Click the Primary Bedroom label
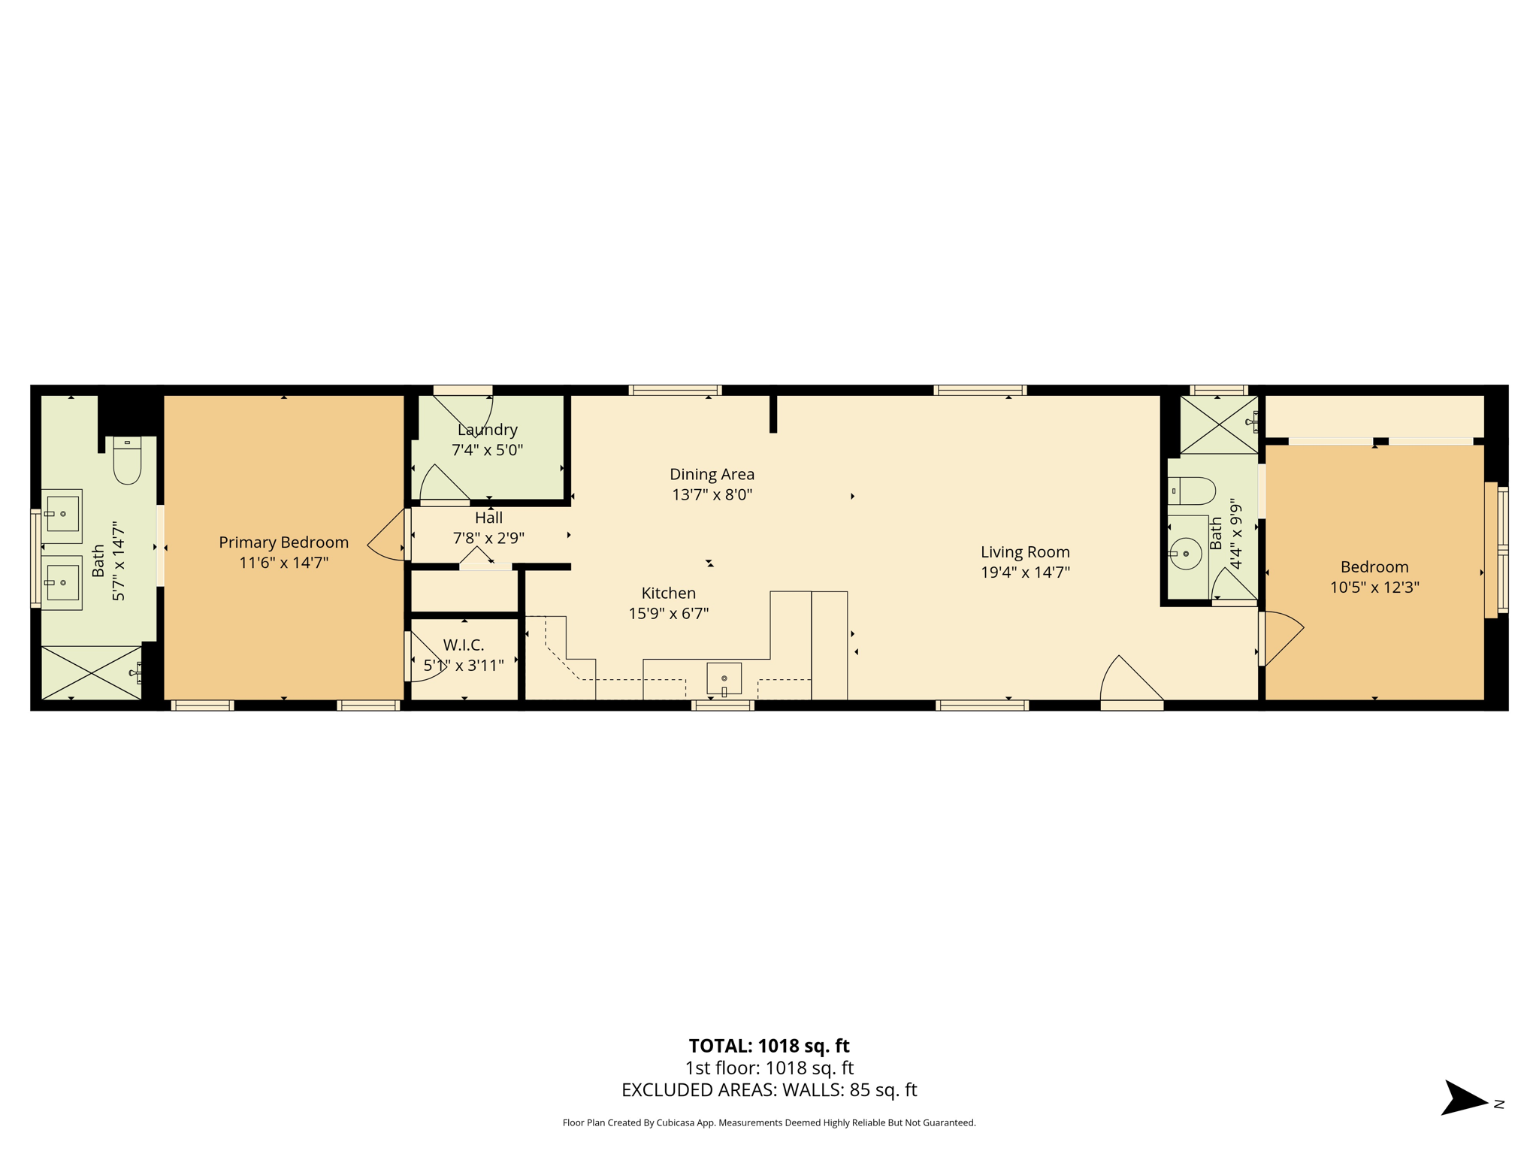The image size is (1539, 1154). (x=283, y=542)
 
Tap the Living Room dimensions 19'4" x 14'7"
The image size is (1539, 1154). (x=1025, y=572)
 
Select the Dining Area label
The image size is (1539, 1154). (x=712, y=474)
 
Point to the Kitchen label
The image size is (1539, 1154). (x=668, y=593)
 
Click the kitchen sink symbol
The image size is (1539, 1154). (x=724, y=679)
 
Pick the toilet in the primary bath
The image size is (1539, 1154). (x=127, y=461)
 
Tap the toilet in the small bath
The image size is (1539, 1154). (x=1192, y=491)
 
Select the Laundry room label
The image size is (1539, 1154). (x=487, y=430)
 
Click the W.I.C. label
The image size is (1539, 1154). (x=464, y=645)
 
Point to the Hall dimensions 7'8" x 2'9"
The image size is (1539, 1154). (x=488, y=538)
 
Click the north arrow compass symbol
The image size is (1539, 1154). (x=1465, y=1098)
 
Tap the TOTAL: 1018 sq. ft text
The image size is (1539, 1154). (x=769, y=1046)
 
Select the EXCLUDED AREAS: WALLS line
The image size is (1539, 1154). (x=769, y=1090)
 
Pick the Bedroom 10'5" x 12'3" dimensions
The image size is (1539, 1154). (x=1374, y=588)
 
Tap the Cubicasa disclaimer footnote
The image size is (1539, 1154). (x=769, y=1123)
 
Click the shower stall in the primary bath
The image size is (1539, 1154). (x=91, y=673)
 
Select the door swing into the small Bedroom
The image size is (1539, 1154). (x=1283, y=639)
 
